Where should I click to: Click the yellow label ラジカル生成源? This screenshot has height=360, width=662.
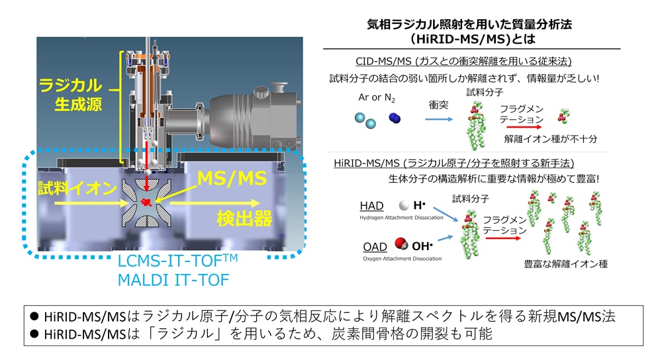(71, 95)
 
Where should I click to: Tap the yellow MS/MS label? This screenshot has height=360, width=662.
(232, 178)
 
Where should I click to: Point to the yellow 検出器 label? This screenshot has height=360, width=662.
(244, 219)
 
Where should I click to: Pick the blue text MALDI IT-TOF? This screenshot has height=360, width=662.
(173, 280)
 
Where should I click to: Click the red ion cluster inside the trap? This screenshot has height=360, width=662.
(146, 202)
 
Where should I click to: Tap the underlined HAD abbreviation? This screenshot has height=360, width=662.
(371, 206)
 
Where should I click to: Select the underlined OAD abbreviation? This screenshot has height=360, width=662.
(375, 247)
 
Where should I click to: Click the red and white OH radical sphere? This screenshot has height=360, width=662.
(401, 244)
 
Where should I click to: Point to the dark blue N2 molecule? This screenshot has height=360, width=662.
(395, 118)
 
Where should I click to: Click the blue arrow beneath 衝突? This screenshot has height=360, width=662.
(439, 119)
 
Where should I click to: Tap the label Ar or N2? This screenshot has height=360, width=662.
(377, 98)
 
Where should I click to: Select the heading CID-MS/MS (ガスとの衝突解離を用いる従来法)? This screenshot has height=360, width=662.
(463, 62)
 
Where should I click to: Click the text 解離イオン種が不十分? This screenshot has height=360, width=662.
(551, 139)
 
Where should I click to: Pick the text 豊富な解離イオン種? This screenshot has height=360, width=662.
(566, 264)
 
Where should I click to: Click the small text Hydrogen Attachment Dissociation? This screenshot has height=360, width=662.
(402, 218)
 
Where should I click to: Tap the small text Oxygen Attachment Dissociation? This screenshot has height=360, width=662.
(402, 259)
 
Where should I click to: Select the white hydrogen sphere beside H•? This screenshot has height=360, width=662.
(404, 206)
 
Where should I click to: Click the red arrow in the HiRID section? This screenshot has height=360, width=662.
(503, 238)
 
